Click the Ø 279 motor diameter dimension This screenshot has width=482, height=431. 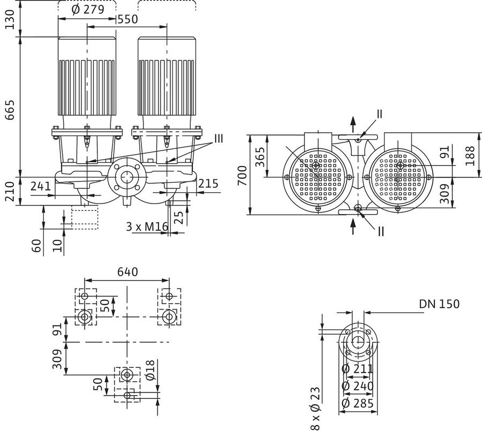click(x=88, y=10)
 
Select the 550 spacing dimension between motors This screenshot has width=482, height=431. click(x=127, y=19)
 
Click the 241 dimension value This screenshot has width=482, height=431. click(x=41, y=186)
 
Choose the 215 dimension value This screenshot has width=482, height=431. click(x=208, y=184)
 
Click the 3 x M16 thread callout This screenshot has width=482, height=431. click(x=147, y=226)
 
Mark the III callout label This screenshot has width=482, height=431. click(x=219, y=139)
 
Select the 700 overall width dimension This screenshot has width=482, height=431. click(x=243, y=176)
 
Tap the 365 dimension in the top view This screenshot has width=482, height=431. click(x=260, y=157)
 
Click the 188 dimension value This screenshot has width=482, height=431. click(x=470, y=156)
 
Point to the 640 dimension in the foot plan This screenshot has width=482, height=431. click(x=127, y=272)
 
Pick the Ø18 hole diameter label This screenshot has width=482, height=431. click(x=151, y=369)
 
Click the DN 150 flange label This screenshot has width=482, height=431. click(x=439, y=304)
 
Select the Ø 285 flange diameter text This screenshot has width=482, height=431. click(x=358, y=403)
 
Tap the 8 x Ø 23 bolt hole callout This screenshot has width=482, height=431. click(x=315, y=409)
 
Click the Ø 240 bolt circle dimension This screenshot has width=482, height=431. click(x=358, y=386)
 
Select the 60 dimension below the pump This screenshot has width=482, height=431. click(x=36, y=246)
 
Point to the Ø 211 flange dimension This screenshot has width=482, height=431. click(x=358, y=368)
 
